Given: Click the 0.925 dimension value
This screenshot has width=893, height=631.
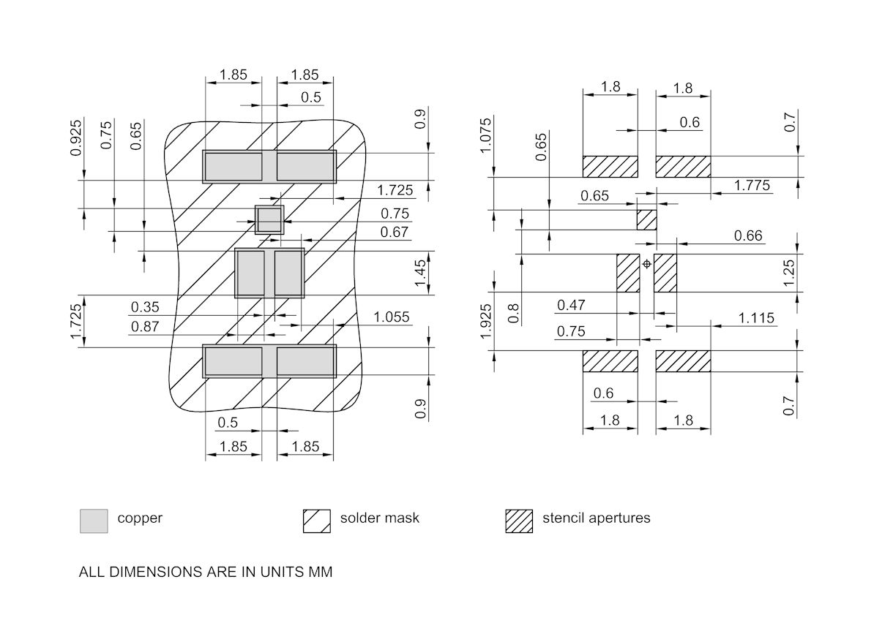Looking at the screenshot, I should tap(76, 138).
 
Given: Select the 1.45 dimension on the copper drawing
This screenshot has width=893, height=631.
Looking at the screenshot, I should tap(420, 272).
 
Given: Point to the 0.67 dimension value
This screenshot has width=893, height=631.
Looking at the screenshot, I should tap(395, 232).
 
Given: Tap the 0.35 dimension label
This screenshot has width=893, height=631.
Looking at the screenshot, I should tap(144, 306).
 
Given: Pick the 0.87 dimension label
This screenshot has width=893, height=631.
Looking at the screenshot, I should tap(144, 327).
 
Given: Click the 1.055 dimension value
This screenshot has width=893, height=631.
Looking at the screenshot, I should tap(392, 317).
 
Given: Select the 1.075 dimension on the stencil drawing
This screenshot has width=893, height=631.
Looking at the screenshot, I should tap(485, 135).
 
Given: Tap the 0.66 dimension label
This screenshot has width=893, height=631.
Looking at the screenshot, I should tap(748, 235).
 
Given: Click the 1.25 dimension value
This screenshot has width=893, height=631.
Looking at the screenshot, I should tap(788, 273).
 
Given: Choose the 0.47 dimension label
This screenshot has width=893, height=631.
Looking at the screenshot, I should tap(571, 305).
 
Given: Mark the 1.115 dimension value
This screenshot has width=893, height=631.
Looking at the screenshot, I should tap(756, 318).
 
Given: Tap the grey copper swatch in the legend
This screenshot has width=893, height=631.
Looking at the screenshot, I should tap(94, 521).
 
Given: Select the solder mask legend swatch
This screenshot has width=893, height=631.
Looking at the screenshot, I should tap(317, 521).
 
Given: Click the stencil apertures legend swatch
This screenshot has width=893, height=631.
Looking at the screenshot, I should tap(519, 521).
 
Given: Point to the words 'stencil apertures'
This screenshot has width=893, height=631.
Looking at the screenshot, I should tap(596, 518).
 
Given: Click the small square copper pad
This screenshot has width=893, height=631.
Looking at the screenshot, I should tap(269, 219).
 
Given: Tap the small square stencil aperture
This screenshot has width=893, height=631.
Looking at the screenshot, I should tap(646, 219).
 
